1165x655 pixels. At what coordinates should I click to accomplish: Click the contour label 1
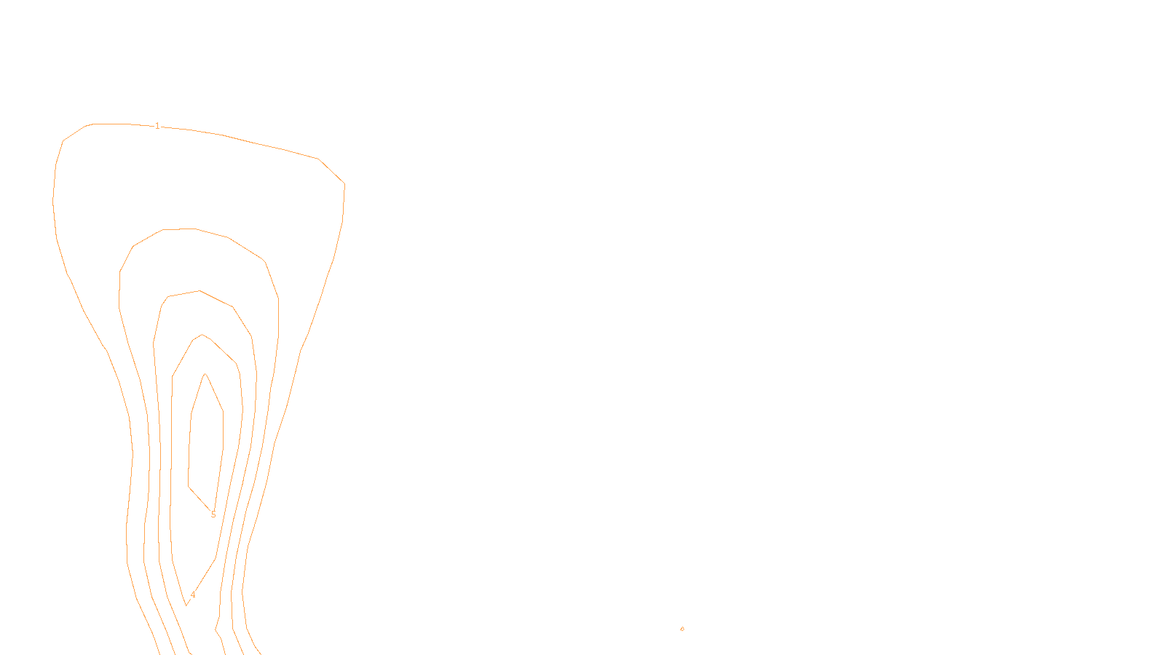pos(157,126)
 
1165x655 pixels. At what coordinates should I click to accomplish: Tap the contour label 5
pos(213,515)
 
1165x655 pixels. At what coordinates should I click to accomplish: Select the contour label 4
pos(193,595)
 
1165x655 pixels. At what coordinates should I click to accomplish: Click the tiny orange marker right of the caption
pos(682,629)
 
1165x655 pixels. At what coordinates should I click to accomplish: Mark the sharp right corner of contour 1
pos(344,183)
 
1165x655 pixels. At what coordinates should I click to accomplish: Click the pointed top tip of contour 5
pos(206,374)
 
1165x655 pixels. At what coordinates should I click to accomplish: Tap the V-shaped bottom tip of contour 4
pos(187,605)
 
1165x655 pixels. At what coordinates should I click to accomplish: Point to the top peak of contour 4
pos(202,335)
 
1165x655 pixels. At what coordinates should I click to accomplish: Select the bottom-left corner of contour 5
pos(189,486)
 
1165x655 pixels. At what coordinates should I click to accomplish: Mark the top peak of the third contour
pos(199,291)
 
